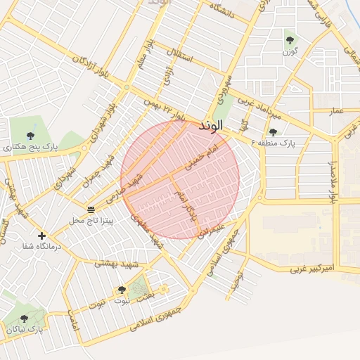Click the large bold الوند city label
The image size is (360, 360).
[x=211, y=126]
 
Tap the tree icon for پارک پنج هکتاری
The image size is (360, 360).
[x=30, y=136]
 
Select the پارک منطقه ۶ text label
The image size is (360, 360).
[x=288, y=143]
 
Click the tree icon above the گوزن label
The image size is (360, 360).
[x=290, y=39]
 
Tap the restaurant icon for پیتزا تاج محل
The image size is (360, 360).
[x=91, y=210]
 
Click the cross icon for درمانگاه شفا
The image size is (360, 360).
[x=42, y=236]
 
